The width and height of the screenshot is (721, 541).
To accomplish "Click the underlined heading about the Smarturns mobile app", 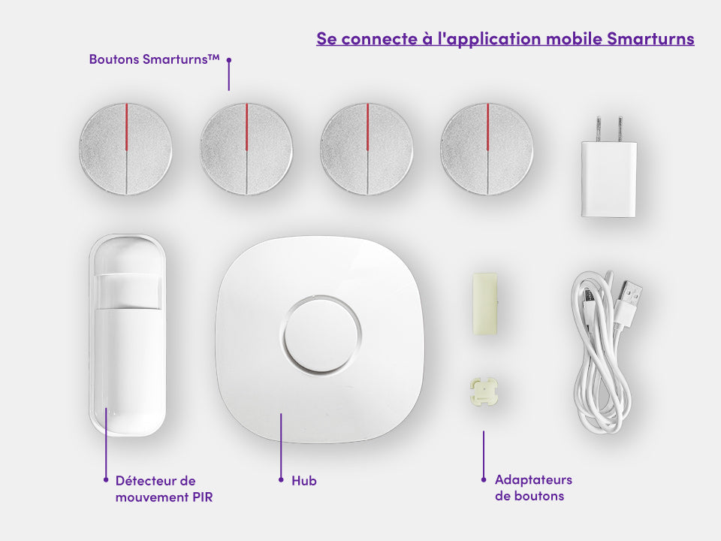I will click(505, 39).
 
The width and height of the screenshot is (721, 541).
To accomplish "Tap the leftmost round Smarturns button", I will click(126, 148).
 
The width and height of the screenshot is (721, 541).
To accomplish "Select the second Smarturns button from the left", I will click(246, 148).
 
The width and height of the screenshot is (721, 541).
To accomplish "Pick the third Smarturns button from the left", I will click(367, 148).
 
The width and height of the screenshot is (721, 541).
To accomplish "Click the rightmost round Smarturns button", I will click(487, 148).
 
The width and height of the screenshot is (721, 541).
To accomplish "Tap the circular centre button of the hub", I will click(321, 334).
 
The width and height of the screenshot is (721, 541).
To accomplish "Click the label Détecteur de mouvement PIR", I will click(164, 488).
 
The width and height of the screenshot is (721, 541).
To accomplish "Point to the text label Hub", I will click(304, 480).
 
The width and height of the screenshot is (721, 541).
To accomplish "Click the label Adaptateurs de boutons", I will click(533, 488).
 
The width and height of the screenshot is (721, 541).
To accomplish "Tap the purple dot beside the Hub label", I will click(282, 479).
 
